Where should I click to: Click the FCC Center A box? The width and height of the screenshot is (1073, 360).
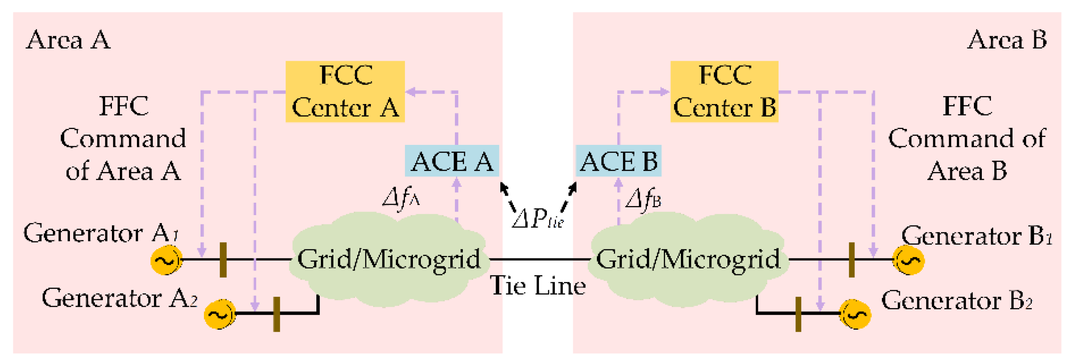(x=345, y=91)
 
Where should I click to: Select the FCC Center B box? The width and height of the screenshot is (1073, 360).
(x=724, y=91)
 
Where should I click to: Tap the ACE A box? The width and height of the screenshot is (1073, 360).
(x=452, y=161)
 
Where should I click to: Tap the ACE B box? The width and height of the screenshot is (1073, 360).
(x=618, y=161)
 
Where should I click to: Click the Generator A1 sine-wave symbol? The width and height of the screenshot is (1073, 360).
(x=166, y=261)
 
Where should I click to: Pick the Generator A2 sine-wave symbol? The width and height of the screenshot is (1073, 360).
(x=219, y=314)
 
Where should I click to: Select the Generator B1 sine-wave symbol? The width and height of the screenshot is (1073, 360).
(x=909, y=261)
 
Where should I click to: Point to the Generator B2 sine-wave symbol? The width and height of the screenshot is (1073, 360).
(x=855, y=314)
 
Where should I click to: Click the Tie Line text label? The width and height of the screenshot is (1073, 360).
(x=538, y=286)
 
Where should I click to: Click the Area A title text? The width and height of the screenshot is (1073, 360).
(x=68, y=40)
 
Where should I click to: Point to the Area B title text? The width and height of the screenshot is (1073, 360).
(x=1007, y=40)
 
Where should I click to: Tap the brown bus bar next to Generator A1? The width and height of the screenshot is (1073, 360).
(x=223, y=260)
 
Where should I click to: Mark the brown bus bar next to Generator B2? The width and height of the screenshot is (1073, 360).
(x=798, y=314)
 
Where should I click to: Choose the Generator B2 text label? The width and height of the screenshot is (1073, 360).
(x=956, y=301)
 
